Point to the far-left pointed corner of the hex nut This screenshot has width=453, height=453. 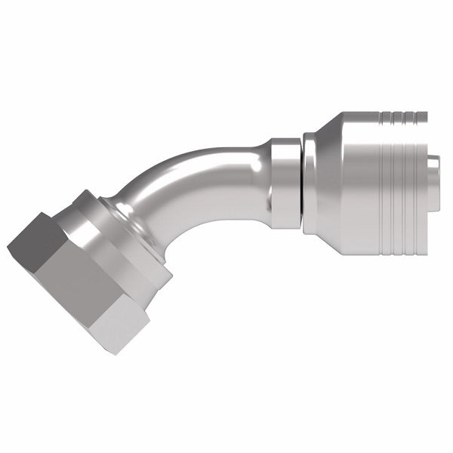(x=9, y=250)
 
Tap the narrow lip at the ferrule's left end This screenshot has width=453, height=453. (x=309, y=181)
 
